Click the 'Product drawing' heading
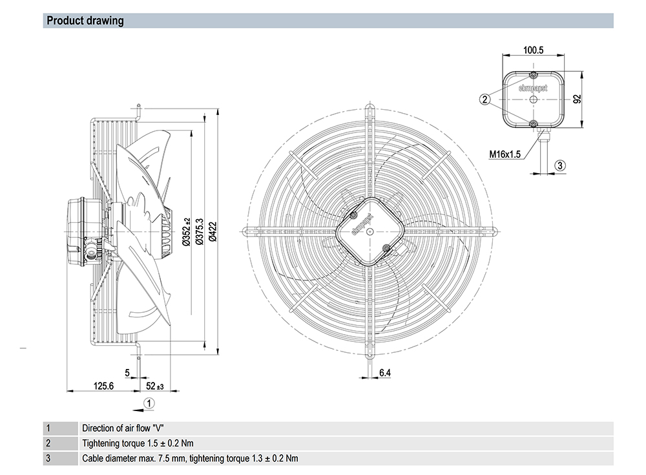point(85,21)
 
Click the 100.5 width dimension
point(533,50)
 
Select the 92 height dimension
point(578,99)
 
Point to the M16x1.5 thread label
point(505,154)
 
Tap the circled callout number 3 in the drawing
point(560,165)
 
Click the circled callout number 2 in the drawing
point(484,99)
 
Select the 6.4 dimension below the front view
point(385,373)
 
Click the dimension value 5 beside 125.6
point(127,373)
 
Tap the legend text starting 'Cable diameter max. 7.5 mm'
point(190,458)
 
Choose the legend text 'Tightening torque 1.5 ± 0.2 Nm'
point(138,443)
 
